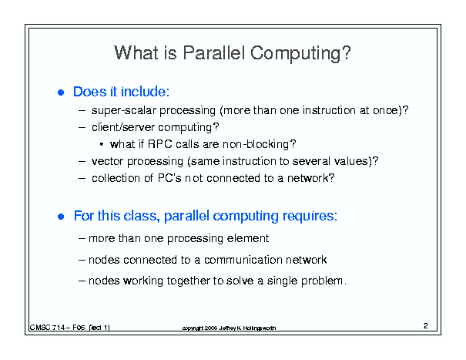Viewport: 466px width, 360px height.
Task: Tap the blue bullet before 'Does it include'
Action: click(x=61, y=93)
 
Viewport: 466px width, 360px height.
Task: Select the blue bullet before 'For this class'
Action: click(x=61, y=217)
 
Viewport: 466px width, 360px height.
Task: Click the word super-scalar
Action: click(x=124, y=111)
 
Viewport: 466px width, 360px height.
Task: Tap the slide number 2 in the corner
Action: click(x=426, y=326)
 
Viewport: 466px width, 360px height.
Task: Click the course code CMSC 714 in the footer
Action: click(x=47, y=328)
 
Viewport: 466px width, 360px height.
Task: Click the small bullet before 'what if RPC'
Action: click(x=102, y=145)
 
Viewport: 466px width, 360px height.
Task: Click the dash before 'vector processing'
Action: click(x=82, y=162)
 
